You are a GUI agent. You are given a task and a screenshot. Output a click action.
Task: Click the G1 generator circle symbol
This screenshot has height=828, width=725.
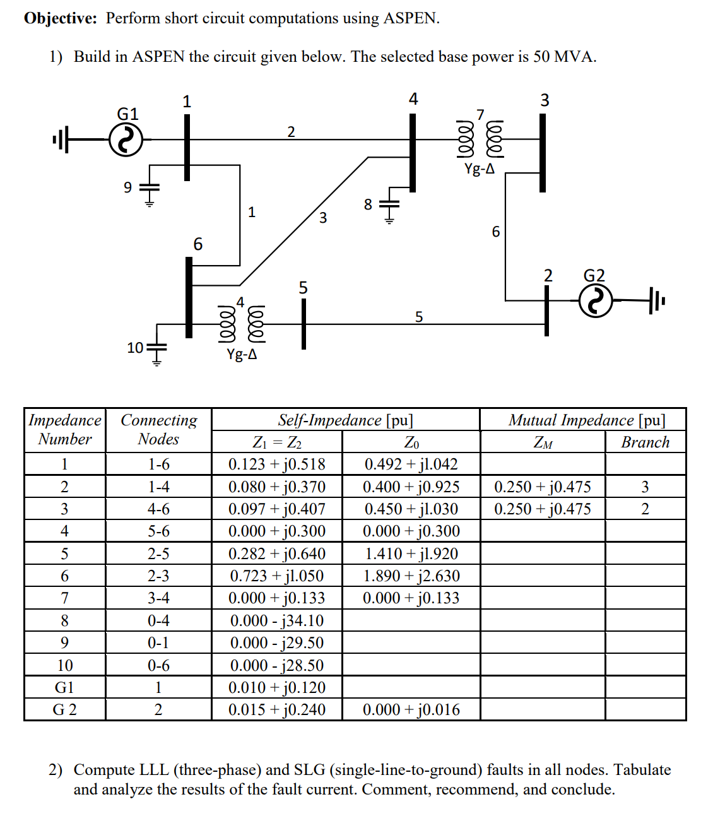click(126, 139)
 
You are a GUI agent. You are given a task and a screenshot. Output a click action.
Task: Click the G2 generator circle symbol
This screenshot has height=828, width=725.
click(595, 301)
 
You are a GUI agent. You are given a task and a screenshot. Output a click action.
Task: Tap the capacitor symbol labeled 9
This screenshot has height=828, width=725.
click(150, 188)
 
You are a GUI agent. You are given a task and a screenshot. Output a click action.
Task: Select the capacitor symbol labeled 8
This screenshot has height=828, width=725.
click(389, 204)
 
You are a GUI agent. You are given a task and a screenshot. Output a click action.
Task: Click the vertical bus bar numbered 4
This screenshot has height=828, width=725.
click(413, 151)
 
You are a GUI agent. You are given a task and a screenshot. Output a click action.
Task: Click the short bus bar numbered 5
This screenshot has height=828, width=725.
click(304, 323)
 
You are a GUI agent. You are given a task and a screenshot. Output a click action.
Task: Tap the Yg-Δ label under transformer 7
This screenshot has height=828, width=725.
click(480, 169)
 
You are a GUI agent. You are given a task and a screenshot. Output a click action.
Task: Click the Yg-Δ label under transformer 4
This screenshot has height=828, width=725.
click(242, 354)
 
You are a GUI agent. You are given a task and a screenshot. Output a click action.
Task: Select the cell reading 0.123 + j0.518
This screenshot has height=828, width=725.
click(276, 464)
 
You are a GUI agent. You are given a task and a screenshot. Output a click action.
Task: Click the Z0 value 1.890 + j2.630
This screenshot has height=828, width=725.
click(411, 576)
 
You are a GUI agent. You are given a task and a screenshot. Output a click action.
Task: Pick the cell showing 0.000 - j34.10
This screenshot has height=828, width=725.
click(276, 620)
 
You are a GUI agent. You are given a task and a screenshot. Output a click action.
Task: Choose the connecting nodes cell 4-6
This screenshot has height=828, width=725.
click(158, 509)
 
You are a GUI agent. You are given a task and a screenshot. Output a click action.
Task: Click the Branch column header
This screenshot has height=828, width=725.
click(645, 442)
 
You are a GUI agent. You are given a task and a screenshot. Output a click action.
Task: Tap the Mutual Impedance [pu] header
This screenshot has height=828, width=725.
click(586, 420)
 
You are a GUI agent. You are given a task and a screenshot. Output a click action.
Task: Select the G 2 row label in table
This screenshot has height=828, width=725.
click(64, 709)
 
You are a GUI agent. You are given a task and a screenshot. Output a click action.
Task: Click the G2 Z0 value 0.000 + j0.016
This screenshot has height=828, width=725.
click(411, 709)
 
